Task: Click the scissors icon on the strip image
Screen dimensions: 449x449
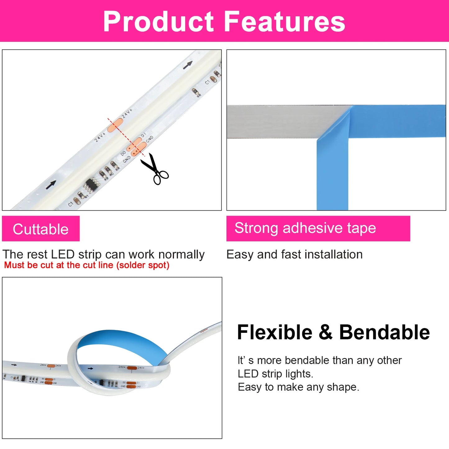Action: [x=154, y=169]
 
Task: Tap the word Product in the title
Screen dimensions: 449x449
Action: [x=158, y=21]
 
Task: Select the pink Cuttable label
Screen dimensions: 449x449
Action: [x=41, y=229]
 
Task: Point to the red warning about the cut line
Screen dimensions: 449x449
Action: [x=87, y=265]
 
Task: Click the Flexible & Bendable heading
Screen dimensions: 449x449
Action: [x=333, y=332]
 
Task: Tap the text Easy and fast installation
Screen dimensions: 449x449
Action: [x=294, y=254]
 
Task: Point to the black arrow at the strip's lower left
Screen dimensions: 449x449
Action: [x=51, y=185]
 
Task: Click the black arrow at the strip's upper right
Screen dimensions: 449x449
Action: [x=188, y=65]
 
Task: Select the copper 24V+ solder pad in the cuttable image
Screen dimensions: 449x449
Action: [x=115, y=125]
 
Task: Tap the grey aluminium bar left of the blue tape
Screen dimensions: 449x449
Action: [x=280, y=121]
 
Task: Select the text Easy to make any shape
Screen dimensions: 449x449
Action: [x=298, y=387]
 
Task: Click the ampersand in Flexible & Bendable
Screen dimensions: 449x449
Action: [x=325, y=332]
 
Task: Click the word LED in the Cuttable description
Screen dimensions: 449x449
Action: [x=63, y=254]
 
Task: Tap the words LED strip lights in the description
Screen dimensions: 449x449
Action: [x=275, y=374]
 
